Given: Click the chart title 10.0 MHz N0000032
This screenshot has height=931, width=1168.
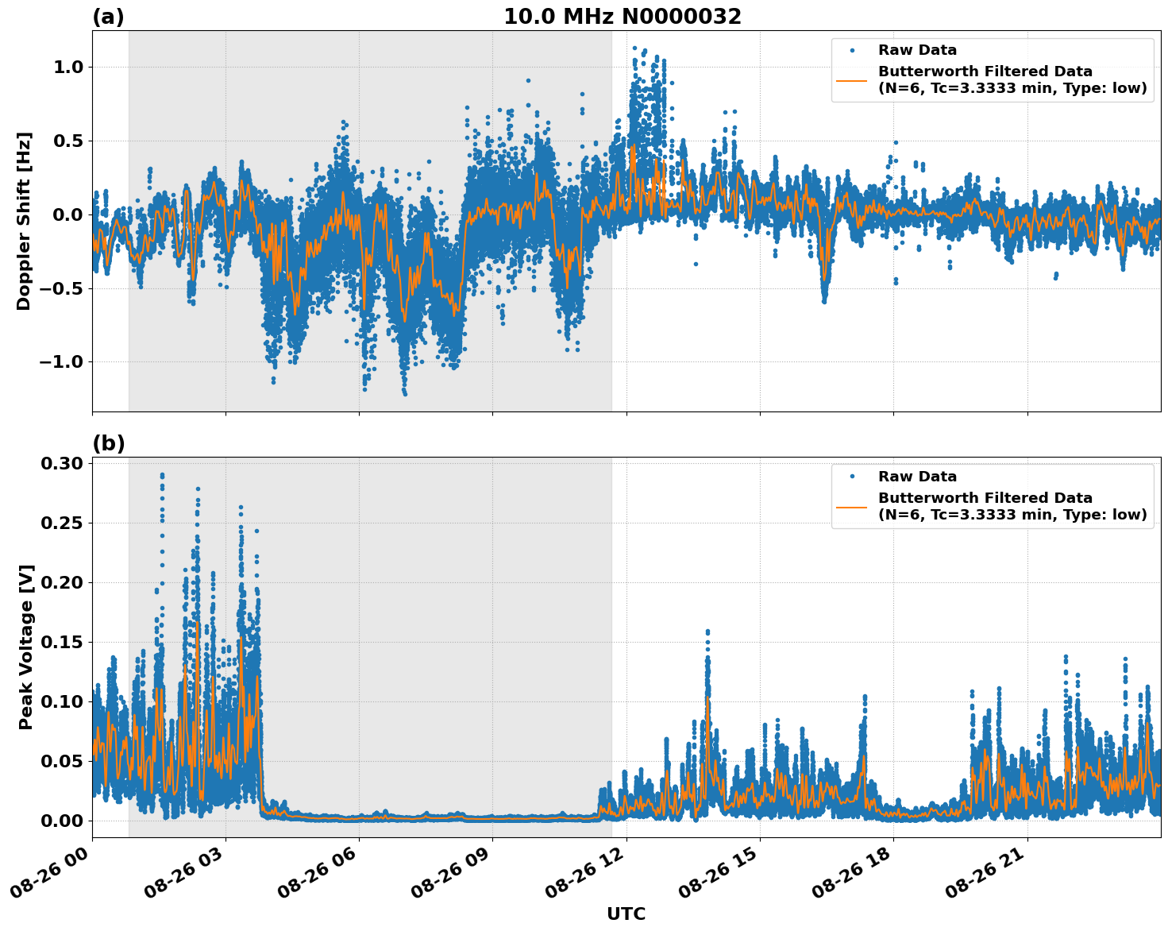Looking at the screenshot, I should point(622,17).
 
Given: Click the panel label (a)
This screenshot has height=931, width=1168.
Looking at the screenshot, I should point(108,17).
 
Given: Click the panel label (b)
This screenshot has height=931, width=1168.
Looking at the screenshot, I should point(108,443).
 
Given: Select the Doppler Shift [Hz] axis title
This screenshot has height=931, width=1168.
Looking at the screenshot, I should point(24,221).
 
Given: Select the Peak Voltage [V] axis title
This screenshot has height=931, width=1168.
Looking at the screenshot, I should point(26,647).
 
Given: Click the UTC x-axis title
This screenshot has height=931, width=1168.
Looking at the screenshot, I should point(626,914).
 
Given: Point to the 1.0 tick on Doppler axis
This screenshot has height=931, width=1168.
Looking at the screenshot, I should point(68,68).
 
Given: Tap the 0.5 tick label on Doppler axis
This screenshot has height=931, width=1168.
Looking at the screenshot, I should point(68,141).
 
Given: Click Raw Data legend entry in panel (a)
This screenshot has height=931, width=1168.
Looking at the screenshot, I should point(917,51).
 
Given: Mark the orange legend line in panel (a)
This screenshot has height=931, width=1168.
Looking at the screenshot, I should point(852,80).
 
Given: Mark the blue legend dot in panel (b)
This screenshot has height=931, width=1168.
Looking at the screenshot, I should point(852,477).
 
